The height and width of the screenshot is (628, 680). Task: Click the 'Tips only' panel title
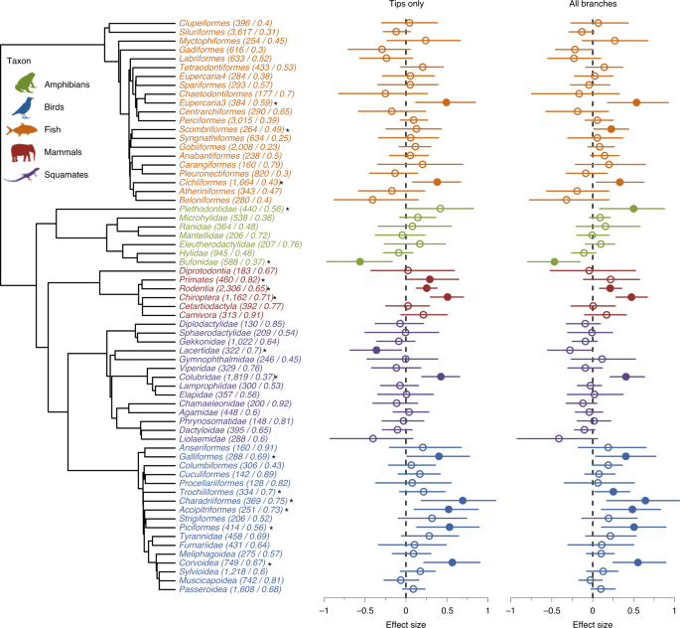coord(405,6)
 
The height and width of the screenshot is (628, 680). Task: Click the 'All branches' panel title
coord(593,6)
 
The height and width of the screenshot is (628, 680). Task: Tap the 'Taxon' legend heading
coord(22,61)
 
